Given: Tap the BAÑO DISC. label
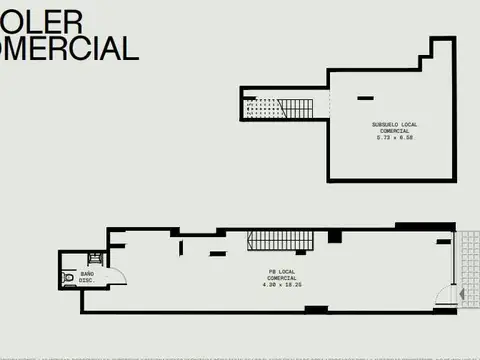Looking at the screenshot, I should coord(87,277).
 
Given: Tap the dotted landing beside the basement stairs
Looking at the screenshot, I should coord(261,107).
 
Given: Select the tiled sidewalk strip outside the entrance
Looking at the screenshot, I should coord(467,266).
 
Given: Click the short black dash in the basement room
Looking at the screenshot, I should coord(364,96).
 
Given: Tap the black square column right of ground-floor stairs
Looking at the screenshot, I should coord(334,237).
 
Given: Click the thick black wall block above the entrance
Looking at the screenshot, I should coord(444,240).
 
